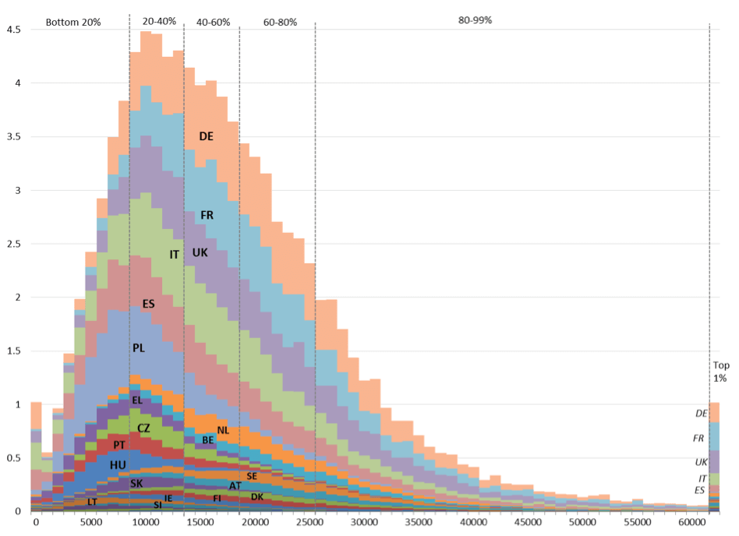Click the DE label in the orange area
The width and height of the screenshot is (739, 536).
(206, 136)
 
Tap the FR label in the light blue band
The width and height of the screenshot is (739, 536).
(207, 215)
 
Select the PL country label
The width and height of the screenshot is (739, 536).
(139, 348)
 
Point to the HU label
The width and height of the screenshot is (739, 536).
(118, 465)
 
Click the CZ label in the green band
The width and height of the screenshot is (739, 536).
(143, 428)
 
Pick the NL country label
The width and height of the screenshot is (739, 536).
(223, 430)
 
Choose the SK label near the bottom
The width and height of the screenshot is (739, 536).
(136, 484)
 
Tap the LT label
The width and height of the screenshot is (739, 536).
(92, 502)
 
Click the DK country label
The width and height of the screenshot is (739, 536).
(257, 496)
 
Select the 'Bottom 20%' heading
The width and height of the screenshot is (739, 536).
(73, 23)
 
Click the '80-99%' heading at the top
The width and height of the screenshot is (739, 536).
(475, 20)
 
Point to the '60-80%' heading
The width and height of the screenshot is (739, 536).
(280, 23)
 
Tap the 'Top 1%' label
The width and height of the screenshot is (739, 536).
(720, 372)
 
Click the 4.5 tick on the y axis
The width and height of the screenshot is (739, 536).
(13, 30)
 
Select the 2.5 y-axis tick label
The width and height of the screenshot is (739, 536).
(13, 244)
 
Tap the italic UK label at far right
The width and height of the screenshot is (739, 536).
(702, 462)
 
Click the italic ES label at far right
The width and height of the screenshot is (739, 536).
(702, 489)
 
